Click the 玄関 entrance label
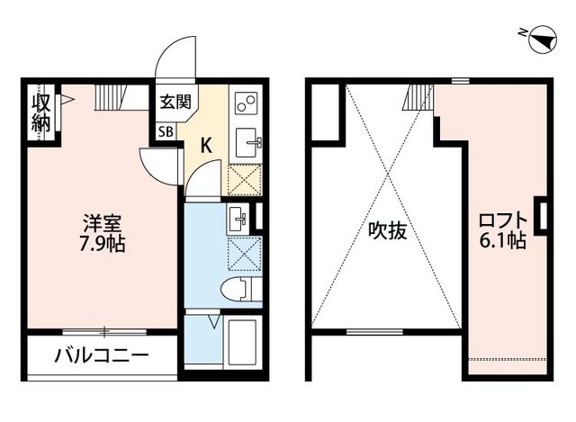point(175,103)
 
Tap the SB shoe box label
point(166,131)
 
